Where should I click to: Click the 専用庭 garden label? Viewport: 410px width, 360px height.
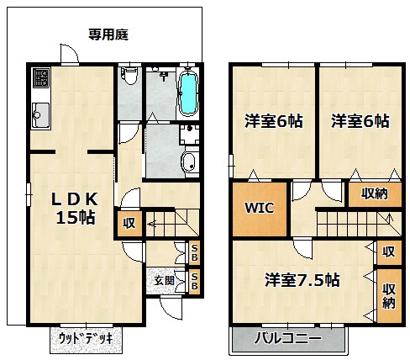(108, 34)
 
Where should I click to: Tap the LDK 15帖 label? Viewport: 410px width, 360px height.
(75, 209)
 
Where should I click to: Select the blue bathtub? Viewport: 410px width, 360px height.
(187, 93)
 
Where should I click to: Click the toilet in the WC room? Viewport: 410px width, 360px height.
(129, 76)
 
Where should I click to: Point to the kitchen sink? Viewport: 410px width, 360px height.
(41, 114)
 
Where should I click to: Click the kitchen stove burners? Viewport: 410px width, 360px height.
(41, 77)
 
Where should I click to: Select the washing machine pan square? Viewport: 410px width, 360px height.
(190, 135)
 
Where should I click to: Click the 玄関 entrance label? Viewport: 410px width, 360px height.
(165, 280)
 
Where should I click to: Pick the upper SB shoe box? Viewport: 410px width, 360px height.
(194, 252)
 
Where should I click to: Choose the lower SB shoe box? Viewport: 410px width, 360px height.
(194, 281)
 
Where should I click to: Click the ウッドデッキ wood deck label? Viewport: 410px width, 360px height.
(86, 339)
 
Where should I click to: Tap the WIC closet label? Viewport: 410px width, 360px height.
(259, 208)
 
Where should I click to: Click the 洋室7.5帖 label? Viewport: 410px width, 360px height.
(302, 280)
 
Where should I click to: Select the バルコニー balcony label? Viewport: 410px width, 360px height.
(288, 338)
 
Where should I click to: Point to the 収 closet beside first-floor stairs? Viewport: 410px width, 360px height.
(129, 224)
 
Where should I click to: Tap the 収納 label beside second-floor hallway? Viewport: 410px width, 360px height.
(375, 193)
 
